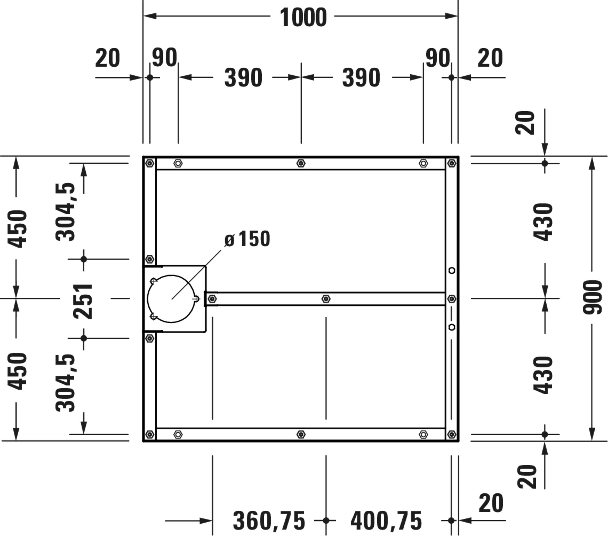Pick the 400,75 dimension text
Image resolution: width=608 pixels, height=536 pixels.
point(386,521)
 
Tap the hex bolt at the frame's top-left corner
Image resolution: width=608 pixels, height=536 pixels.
point(150,163)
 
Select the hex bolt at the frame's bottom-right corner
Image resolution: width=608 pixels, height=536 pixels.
point(452,434)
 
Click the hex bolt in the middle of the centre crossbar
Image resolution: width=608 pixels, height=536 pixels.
point(326,299)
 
